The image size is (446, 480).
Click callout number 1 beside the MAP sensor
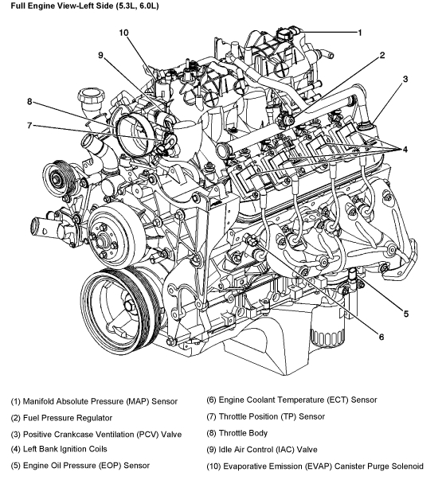pos(360,33)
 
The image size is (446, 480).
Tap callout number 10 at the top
pos(123,33)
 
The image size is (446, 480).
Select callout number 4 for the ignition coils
pos(405,150)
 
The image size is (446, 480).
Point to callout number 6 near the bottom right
pos(381,337)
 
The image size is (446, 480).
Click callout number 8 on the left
pos(29,101)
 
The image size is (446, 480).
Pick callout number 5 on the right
pos(406,314)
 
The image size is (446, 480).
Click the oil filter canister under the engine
pos(327,327)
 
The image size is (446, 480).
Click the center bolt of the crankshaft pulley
pos(129,306)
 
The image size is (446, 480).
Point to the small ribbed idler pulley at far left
pos(57,178)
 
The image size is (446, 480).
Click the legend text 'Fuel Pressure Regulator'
pos(68,418)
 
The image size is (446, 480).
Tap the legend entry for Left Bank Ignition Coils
pos(59,449)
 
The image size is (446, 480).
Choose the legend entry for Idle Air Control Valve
pos(262,450)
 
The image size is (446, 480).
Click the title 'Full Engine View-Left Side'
pos(62,6)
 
